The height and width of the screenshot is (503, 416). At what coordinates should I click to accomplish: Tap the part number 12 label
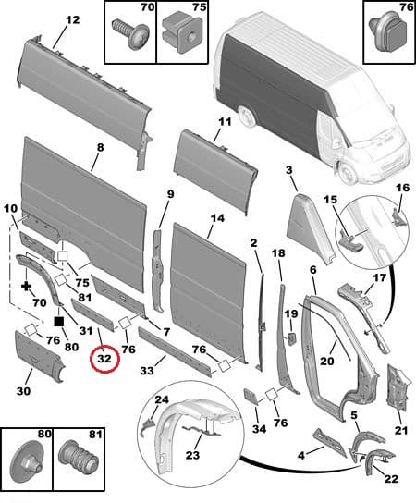pos(71,19)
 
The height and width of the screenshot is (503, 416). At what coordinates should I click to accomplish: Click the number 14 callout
pos(216,219)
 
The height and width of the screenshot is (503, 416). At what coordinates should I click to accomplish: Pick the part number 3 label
pos(289,169)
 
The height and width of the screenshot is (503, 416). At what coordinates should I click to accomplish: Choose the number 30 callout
pos(23,392)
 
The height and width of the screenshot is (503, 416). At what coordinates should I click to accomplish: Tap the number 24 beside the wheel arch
pos(161,400)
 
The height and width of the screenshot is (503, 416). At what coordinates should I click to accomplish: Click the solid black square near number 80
pos(59,322)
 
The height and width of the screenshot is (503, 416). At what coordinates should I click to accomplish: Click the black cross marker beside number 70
pos(26,287)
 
